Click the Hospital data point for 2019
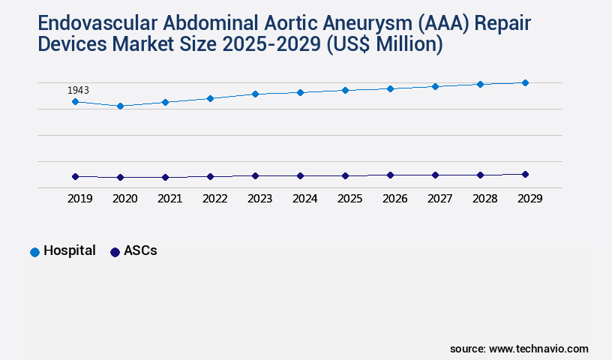point(75,101)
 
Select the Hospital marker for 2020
point(120,106)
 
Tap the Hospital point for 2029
point(525,82)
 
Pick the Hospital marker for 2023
point(255,94)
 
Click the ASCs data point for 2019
point(75,176)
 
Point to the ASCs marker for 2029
point(525,174)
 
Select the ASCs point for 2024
point(300,175)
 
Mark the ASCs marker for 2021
point(165,177)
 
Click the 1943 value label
point(78,90)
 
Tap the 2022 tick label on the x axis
point(214,199)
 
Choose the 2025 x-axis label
point(349,199)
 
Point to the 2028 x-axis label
point(484,199)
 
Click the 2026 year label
point(394,199)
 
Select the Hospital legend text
point(69,251)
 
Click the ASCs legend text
point(140,251)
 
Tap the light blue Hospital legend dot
point(34,252)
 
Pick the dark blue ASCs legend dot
point(115,252)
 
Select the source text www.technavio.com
point(538,349)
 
